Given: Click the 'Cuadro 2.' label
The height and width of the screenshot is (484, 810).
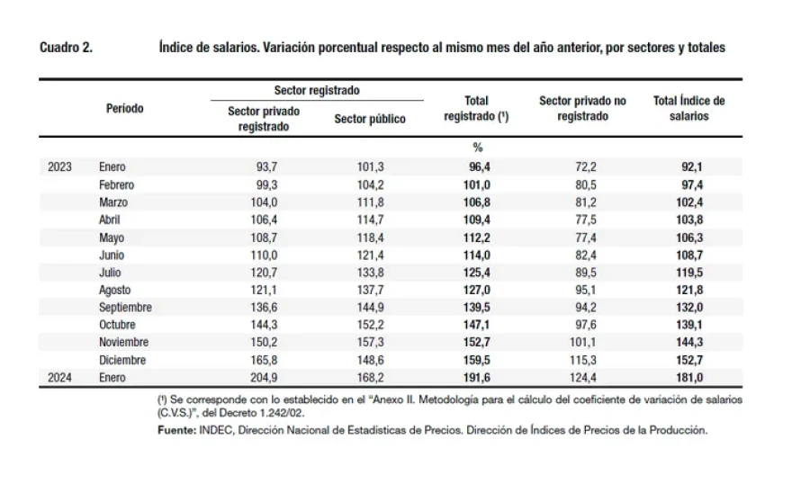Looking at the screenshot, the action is pyautogui.click(x=66, y=48).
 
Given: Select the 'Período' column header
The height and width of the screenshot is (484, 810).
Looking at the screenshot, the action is pyautogui.click(x=125, y=109).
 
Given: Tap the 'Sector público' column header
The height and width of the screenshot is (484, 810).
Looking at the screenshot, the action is pyautogui.click(x=370, y=119).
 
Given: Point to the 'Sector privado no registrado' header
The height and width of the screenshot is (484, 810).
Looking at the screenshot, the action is pyautogui.click(x=582, y=109).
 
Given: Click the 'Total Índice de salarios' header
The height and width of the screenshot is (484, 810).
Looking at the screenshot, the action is pyautogui.click(x=689, y=109).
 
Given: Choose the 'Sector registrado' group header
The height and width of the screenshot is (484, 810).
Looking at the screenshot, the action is pyautogui.click(x=317, y=90).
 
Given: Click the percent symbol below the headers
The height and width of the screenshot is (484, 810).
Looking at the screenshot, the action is pyautogui.click(x=477, y=148).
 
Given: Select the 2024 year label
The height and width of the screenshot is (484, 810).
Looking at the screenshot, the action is pyautogui.click(x=60, y=378).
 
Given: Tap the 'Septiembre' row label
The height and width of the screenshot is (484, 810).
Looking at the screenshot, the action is pyautogui.click(x=125, y=308).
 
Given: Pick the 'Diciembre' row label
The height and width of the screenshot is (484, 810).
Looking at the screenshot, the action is pyautogui.click(x=122, y=360).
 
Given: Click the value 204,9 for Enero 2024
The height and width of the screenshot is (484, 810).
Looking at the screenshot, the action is pyautogui.click(x=264, y=378).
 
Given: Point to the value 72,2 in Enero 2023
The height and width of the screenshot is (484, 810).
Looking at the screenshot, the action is pyautogui.click(x=586, y=166).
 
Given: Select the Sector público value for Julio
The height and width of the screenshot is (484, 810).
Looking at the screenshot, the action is pyautogui.click(x=371, y=273).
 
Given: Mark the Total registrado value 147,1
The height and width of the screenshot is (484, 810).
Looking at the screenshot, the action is pyautogui.click(x=477, y=325).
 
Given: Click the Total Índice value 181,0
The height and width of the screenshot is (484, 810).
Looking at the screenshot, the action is pyautogui.click(x=689, y=378).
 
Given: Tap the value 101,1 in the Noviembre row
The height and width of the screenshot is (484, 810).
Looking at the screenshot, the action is pyautogui.click(x=582, y=343).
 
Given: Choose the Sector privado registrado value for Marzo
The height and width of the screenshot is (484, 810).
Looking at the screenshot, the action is pyautogui.click(x=264, y=202).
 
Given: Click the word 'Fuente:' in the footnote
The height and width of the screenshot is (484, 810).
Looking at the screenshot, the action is pyautogui.click(x=176, y=430).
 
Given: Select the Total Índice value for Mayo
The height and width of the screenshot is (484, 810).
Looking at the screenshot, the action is pyautogui.click(x=689, y=238).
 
